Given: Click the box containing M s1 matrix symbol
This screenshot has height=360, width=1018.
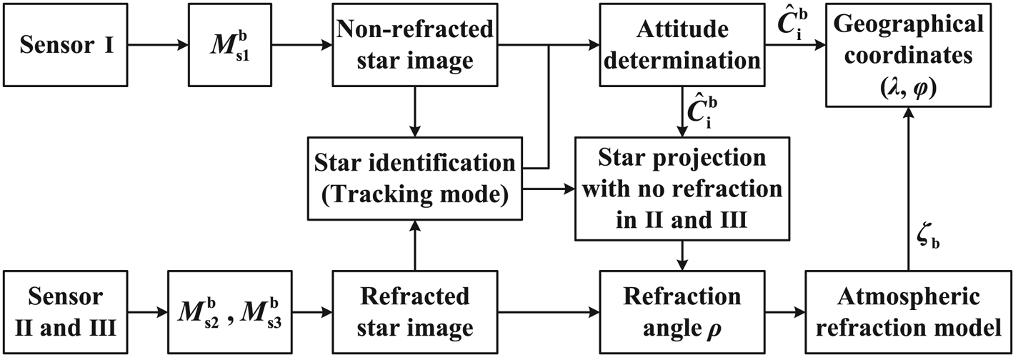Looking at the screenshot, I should pyautogui.click(x=231, y=44).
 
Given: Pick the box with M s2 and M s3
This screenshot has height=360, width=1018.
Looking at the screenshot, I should pyautogui.click(x=230, y=311).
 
